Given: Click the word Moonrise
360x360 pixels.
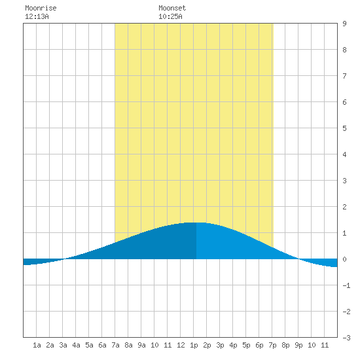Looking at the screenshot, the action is point(41,8).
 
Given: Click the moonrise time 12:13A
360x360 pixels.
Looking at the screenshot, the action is point(37,16).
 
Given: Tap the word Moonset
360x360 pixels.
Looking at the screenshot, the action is point(172,8).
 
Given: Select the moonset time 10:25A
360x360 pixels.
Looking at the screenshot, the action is point(170,16).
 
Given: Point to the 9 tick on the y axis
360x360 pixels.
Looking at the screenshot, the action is point(344,24).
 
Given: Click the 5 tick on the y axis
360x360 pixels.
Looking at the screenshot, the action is point(344,128).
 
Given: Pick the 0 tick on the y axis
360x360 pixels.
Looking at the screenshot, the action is point(344,259).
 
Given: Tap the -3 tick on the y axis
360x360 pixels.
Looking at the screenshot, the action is point(346,338).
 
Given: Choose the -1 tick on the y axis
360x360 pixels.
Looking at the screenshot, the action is point(346,285).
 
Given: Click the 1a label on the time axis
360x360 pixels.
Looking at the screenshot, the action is point(37,345).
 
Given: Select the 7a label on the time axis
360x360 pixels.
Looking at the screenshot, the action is point(115,345).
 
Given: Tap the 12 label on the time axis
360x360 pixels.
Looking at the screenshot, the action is point(181,345).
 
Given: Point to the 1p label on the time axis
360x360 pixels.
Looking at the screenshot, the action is point(194,345).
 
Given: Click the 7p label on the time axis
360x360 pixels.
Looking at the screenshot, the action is point(272,345).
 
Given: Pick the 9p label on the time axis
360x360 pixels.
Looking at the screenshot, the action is point(298,345).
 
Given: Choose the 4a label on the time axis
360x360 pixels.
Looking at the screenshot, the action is point(76,345).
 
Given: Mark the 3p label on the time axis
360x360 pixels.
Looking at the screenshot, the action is point(220,345).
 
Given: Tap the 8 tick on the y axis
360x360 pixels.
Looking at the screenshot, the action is point(344,50).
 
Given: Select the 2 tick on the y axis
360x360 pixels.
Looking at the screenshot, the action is point(344,207).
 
